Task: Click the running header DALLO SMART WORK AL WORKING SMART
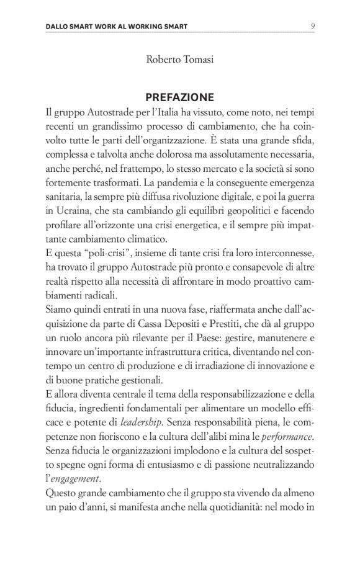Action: coord(117,27)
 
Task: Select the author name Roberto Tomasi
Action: coord(179,60)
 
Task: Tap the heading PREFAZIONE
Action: coord(179,97)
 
